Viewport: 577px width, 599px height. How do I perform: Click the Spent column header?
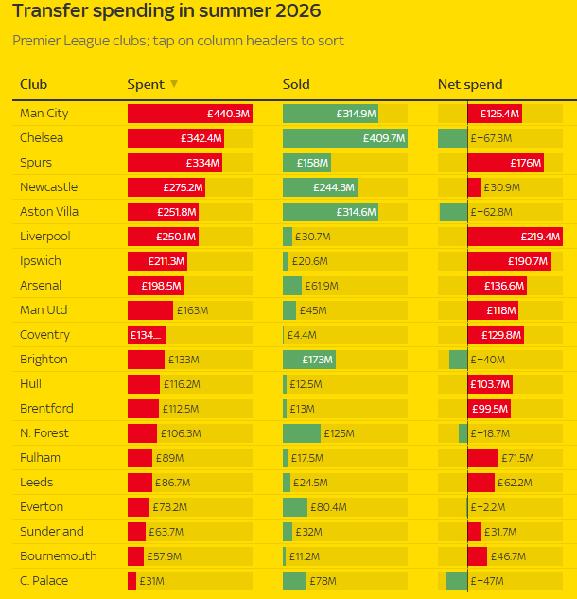(146, 84)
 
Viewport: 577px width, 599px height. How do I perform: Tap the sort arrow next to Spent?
(174, 83)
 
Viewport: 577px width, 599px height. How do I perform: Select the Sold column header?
(296, 84)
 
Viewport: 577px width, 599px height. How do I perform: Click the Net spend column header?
(470, 84)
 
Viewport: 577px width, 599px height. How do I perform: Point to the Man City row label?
(44, 113)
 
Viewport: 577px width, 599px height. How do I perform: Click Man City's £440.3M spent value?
(228, 114)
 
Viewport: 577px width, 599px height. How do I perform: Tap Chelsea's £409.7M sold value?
(384, 138)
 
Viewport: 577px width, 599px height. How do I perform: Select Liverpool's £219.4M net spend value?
(540, 237)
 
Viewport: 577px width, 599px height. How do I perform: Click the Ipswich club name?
(41, 261)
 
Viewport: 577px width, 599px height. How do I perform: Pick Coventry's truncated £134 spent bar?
(147, 335)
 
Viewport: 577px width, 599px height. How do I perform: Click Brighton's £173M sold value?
(317, 360)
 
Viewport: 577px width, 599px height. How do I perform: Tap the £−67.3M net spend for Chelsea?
(491, 138)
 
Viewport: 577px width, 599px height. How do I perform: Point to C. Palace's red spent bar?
(131, 581)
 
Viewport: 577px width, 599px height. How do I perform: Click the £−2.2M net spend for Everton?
(488, 507)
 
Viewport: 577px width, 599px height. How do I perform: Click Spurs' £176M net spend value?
(526, 163)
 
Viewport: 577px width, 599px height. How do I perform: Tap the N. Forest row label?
(44, 432)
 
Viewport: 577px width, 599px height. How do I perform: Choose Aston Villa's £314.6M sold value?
(357, 212)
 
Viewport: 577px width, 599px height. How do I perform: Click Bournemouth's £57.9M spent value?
(165, 556)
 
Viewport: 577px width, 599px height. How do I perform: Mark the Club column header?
(34, 84)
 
